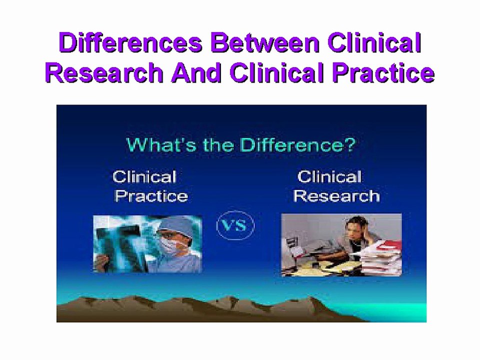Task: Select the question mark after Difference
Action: [x=350, y=145]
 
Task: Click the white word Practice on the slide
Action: [x=151, y=196]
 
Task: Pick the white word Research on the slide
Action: [x=336, y=196]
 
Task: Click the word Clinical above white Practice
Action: [x=144, y=177]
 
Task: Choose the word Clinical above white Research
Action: [x=329, y=177]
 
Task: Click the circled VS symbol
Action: [x=235, y=225]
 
